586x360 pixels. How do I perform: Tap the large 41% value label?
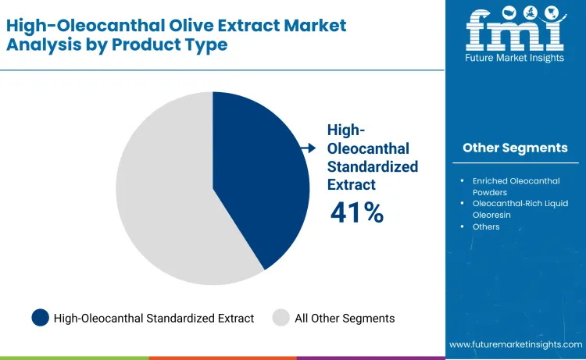(357, 212)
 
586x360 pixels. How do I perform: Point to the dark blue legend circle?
(41, 318)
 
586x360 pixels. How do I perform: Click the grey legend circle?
(281, 318)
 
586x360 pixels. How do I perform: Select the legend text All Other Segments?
(345, 318)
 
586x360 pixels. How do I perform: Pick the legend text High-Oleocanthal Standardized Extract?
(154, 318)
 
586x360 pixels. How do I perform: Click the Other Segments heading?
(515, 148)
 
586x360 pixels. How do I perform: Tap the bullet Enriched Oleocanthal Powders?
(516, 186)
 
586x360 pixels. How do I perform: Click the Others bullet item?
(486, 226)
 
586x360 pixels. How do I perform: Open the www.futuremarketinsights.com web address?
(516, 344)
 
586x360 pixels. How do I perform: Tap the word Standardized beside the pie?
(373, 166)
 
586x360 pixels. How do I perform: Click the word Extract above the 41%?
(352, 184)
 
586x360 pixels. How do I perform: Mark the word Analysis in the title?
(42, 45)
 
